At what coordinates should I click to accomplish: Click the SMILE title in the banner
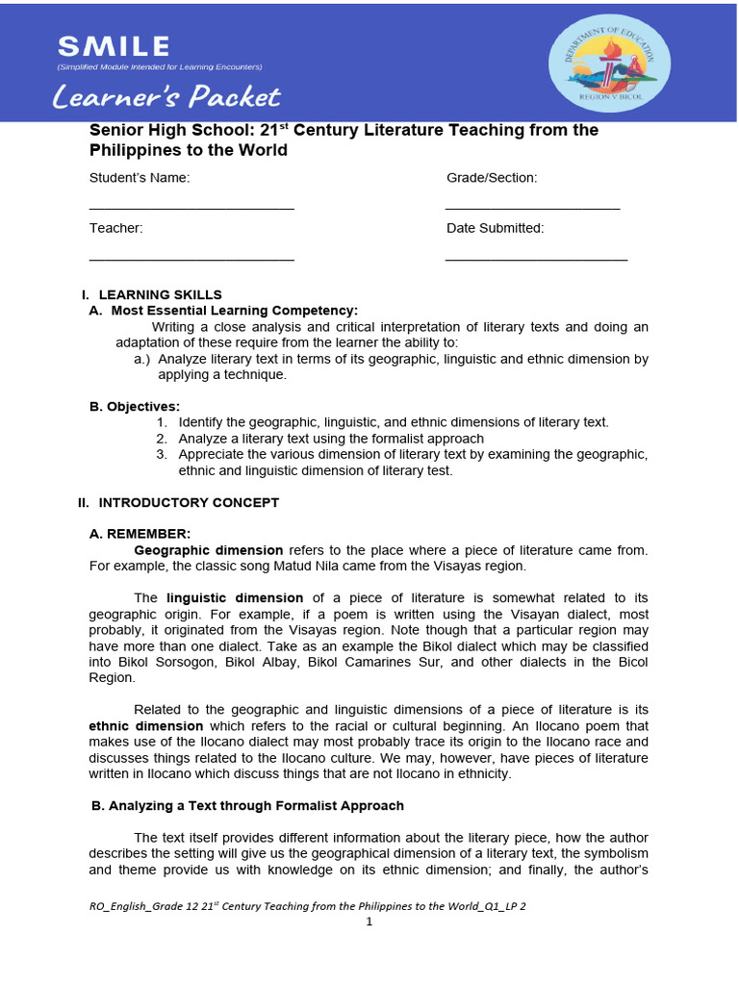click(x=114, y=45)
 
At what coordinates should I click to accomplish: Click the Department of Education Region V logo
click(x=609, y=63)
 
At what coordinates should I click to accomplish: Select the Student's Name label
click(x=140, y=178)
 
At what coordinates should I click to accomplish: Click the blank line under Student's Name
click(x=191, y=208)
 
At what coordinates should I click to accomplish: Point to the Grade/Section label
click(x=492, y=178)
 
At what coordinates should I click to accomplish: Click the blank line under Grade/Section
click(x=532, y=208)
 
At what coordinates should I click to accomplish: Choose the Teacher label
click(x=116, y=228)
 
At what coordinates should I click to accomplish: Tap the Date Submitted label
click(x=495, y=228)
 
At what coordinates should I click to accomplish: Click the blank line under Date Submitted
click(x=536, y=259)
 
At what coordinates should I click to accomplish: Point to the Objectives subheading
click(x=135, y=407)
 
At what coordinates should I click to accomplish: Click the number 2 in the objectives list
click(x=162, y=439)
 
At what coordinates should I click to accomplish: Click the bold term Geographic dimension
click(x=209, y=550)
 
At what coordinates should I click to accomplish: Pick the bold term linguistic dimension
click(x=234, y=598)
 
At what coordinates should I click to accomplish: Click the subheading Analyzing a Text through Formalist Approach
click(x=246, y=805)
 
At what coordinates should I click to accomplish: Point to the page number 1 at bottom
click(x=369, y=922)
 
